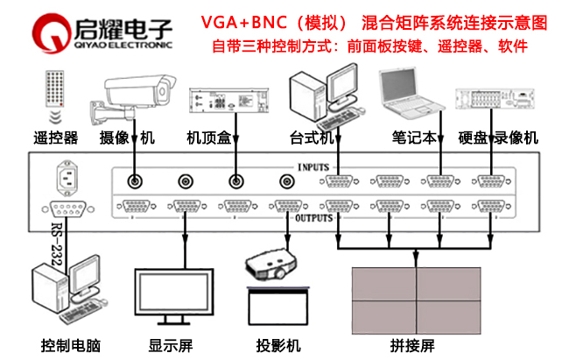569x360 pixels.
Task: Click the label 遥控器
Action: click(55, 138)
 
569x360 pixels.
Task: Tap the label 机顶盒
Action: click(208, 138)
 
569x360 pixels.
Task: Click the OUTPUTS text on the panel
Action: click(312, 218)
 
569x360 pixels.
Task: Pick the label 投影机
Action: click(279, 344)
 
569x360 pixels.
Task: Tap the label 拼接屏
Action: click(416, 344)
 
